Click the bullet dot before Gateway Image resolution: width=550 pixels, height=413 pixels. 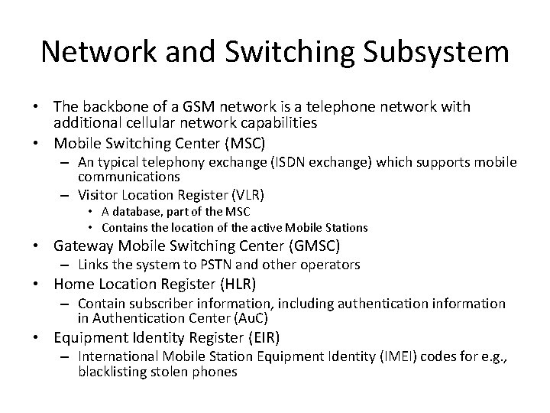(44, 246)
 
